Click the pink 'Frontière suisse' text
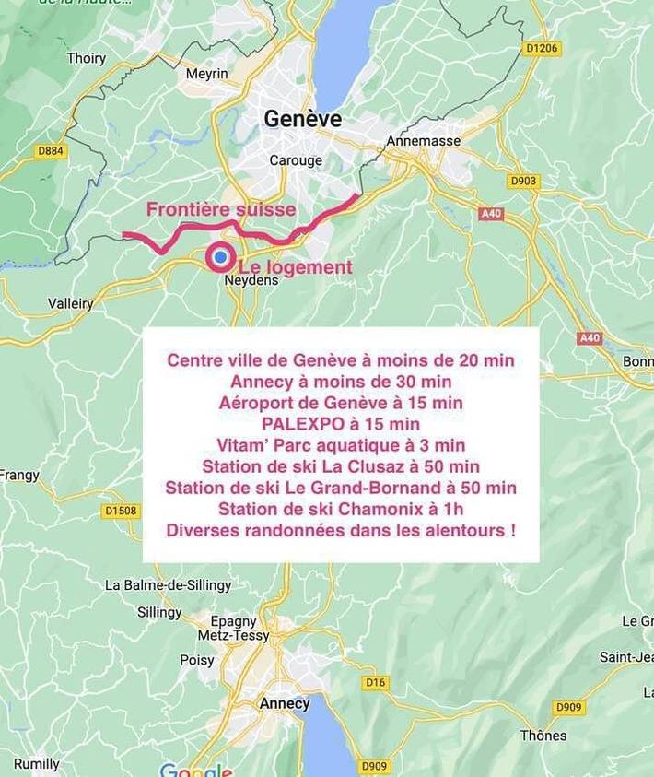221,209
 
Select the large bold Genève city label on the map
302,119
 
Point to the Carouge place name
296,160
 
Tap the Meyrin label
206,74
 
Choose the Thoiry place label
86,58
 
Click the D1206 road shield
543,47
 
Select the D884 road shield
51,150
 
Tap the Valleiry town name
71,303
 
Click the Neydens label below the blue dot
251,281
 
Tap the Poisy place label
196,660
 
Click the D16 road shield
375,683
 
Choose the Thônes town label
543,736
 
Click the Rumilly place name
36,764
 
